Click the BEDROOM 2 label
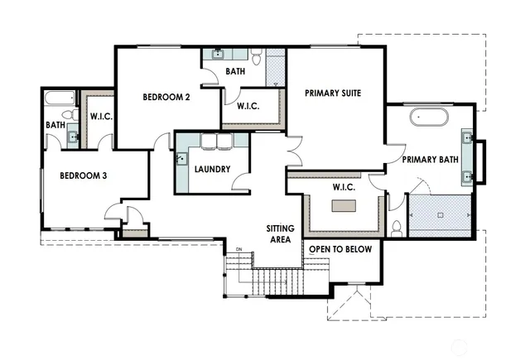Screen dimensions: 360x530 166,97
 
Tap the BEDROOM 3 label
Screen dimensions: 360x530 79,175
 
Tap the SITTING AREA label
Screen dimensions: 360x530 280,233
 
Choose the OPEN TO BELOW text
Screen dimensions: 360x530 340,248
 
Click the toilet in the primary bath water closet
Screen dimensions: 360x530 397,227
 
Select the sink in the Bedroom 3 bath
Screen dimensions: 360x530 72,137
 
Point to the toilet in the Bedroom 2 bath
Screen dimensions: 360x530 258,58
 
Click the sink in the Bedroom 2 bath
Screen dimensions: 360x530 219,55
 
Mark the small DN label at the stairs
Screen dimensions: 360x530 239,247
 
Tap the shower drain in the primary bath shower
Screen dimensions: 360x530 441,214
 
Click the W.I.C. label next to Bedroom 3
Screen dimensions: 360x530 101,117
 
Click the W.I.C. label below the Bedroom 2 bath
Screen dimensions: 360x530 250,106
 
